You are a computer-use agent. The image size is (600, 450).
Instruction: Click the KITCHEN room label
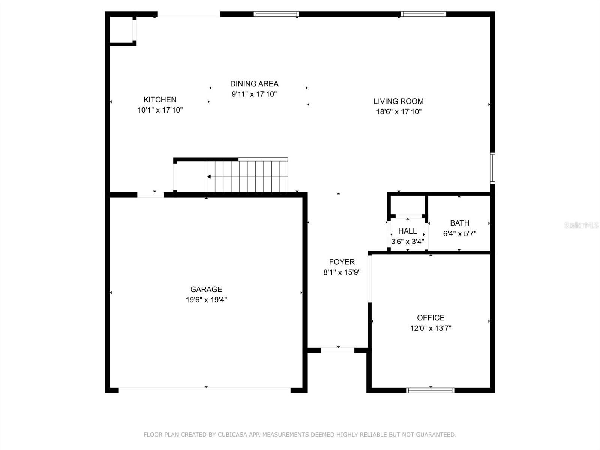[160, 99]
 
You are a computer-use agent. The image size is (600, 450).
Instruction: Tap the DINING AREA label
[254, 84]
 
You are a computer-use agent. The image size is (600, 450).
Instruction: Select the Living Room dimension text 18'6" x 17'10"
[399, 111]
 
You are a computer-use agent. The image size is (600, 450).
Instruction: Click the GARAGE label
[206, 289]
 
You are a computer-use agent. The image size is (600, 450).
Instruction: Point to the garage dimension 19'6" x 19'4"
[206, 300]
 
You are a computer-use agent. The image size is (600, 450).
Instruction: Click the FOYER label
[342, 262]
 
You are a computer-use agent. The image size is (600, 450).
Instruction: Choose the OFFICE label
[430, 318]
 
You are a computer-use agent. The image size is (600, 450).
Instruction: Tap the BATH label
[459, 223]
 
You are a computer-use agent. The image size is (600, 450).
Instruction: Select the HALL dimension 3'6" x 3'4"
[407, 241]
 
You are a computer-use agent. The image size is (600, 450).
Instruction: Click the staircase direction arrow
[209, 177]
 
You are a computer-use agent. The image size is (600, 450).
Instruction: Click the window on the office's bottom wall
[430, 390]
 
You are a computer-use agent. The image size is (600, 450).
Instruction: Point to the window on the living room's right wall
[492, 168]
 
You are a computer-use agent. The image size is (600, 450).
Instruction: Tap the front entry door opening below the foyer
[337, 350]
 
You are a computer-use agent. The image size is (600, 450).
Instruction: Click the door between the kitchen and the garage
[150, 195]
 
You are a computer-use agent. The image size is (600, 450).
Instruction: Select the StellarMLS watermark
[582, 225]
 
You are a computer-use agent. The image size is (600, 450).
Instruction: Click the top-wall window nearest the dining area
[276, 14]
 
